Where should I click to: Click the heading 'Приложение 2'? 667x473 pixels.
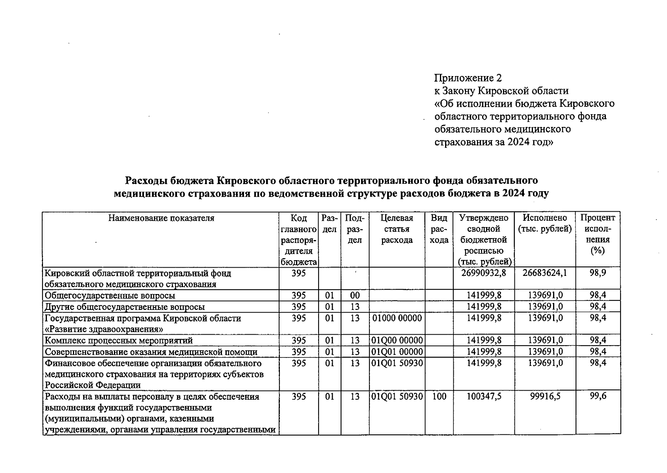(468, 78)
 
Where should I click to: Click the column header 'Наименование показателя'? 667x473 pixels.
(161, 218)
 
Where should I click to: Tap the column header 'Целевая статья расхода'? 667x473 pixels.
(397, 229)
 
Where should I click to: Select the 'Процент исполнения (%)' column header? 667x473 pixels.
(598, 234)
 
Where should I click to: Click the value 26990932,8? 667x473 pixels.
(483, 273)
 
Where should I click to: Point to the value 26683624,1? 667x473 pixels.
(545, 273)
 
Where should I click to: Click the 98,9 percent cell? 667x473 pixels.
(598, 273)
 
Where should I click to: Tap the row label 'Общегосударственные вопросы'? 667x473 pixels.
(110, 296)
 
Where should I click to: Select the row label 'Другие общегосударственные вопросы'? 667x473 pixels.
(125, 307)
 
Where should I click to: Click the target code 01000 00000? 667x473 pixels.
(397, 318)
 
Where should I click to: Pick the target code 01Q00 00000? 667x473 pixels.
(397, 341)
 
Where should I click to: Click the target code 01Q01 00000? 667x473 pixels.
(397, 352)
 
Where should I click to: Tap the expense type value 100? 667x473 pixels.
(439, 397)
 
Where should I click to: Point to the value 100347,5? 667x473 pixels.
(484, 397)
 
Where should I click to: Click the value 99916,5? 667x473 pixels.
(545, 397)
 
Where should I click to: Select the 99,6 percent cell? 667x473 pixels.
(598, 397)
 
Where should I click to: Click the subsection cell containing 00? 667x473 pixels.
(354, 296)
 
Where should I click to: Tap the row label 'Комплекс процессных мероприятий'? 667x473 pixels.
(119, 341)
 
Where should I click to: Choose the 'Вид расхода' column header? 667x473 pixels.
(439, 229)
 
